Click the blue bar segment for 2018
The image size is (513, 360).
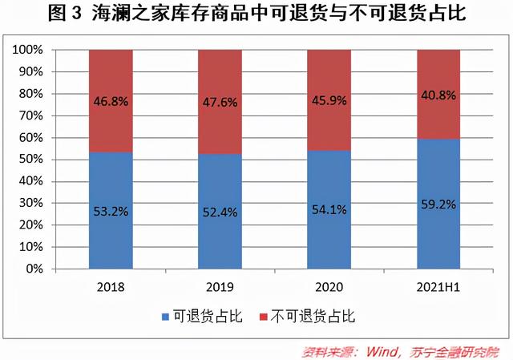click(111, 233)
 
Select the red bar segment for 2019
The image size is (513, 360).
click(220, 80)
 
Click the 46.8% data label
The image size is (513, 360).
click(111, 103)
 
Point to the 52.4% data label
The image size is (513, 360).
click(220, 212)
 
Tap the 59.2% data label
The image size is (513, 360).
click(438, 204)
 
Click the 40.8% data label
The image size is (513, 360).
click(438, 95)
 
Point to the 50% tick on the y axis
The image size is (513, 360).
click(33, 160)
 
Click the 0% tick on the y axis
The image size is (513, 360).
click(35, 269)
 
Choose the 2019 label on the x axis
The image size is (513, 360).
click(220, 286)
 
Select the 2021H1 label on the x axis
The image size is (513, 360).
click(438, 286)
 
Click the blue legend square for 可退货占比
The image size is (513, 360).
click(166, 317)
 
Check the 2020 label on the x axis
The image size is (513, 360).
click(329, 286)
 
